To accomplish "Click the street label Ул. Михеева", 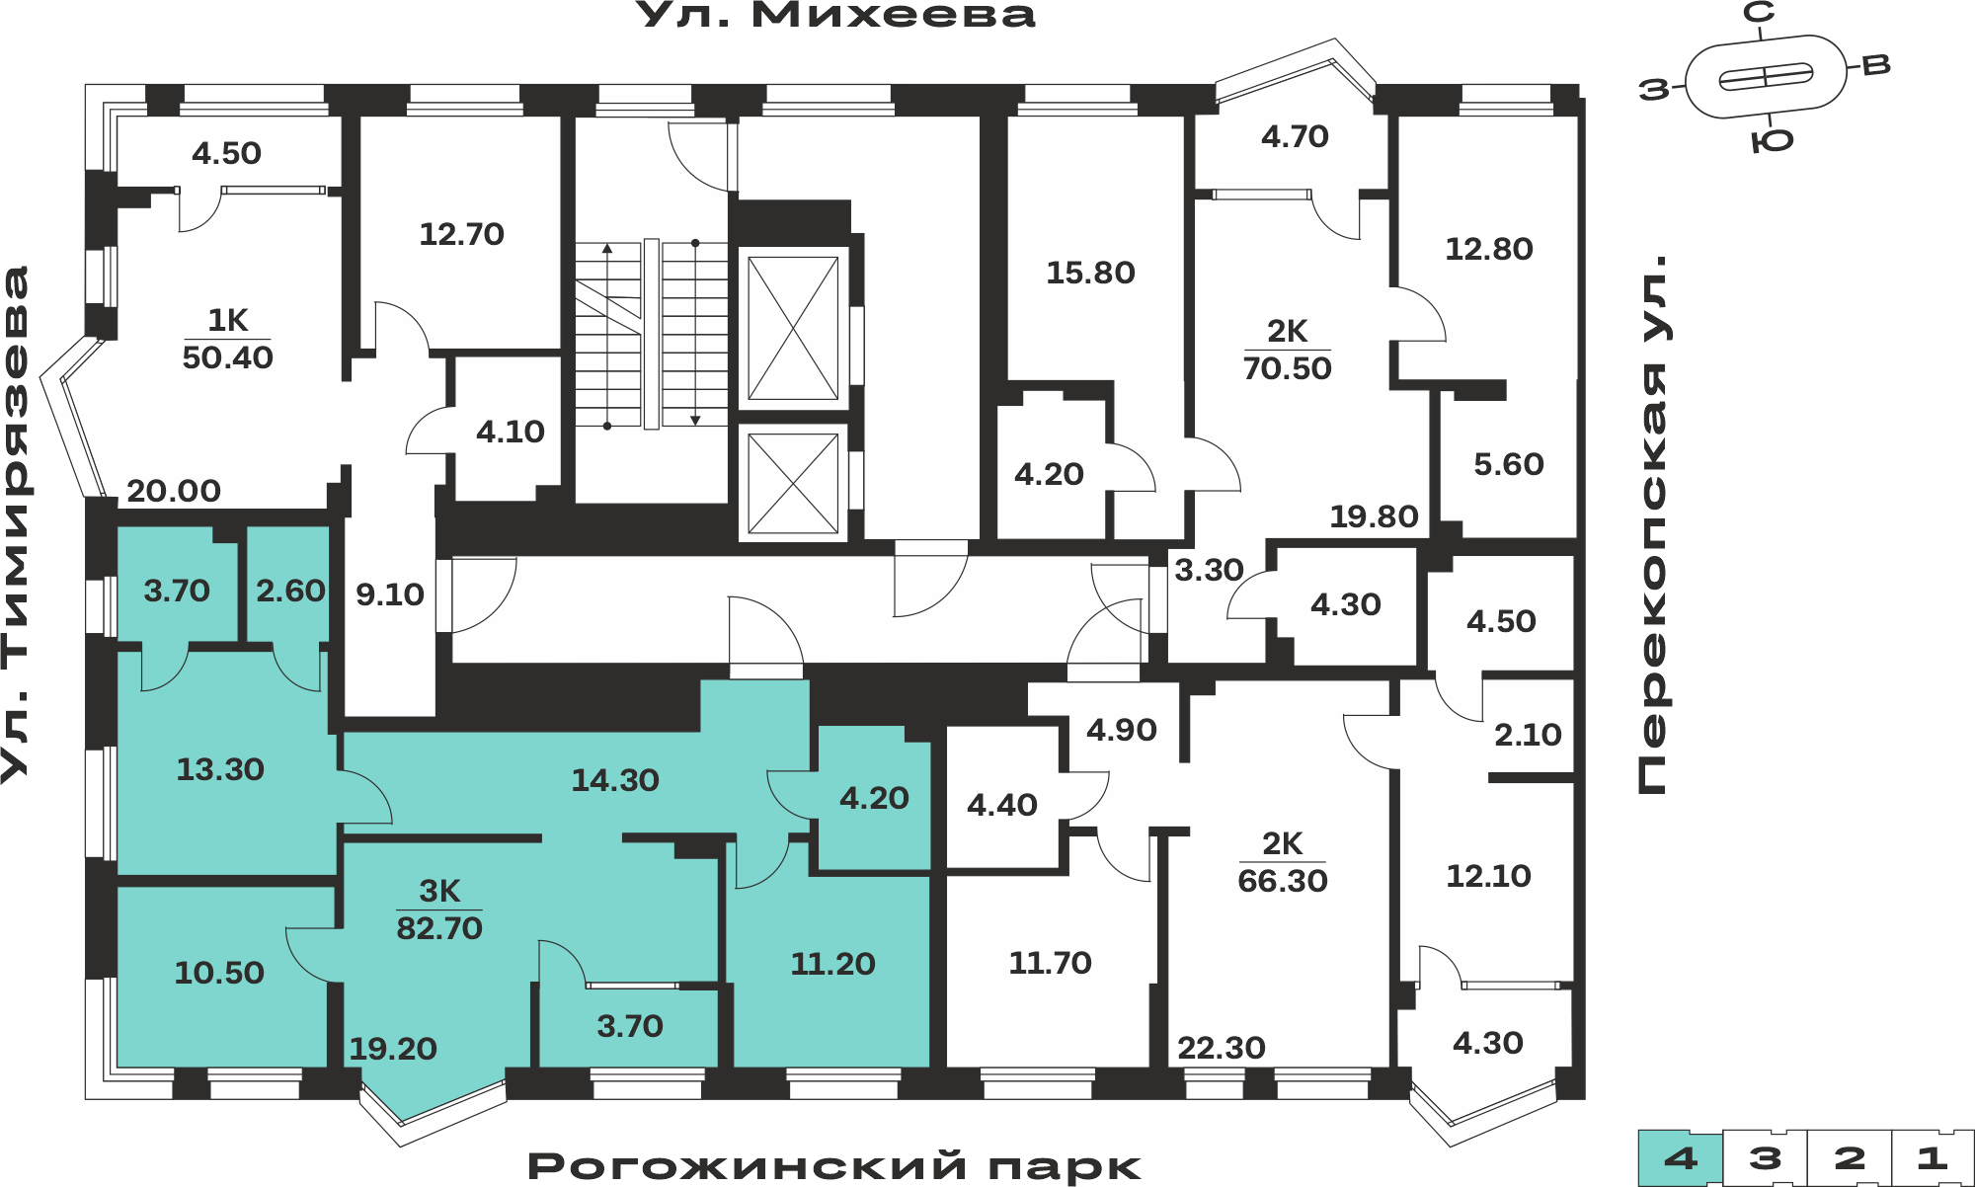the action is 835,15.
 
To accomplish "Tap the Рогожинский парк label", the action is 834,1166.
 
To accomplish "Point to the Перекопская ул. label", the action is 1652,524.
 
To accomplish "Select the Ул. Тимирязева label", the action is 15,524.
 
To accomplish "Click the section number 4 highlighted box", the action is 1681,1157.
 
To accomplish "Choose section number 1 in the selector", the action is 1932,1157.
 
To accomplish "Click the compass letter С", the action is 1759,12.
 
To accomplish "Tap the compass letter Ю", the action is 1772,141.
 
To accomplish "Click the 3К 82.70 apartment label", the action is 439,910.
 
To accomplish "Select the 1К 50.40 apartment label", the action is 227,339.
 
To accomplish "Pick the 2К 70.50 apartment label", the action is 1287,350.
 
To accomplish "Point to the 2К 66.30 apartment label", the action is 1282,862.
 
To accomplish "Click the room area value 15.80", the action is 1090,273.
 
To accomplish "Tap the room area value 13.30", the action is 220,769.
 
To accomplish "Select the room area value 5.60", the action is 1508,464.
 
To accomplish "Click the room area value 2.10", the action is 1528,735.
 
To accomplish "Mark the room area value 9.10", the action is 390,594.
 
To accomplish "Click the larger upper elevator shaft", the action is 793,328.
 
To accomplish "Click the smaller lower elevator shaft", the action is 793,483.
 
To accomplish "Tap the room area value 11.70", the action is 1050,963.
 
